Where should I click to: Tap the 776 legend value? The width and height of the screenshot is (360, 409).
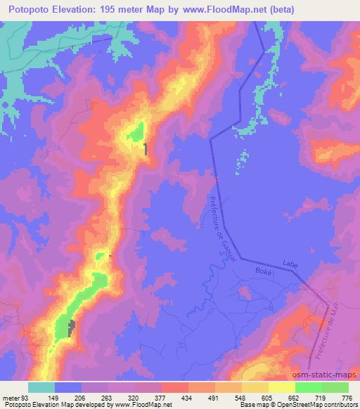coord(347,398)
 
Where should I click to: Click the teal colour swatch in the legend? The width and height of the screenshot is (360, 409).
coord(41,387)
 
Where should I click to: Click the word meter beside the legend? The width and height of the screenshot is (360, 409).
coord(11,398)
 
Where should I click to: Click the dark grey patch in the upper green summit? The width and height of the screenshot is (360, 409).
coord(146,148)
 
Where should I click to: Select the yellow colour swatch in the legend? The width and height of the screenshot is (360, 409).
coord(281,387)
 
